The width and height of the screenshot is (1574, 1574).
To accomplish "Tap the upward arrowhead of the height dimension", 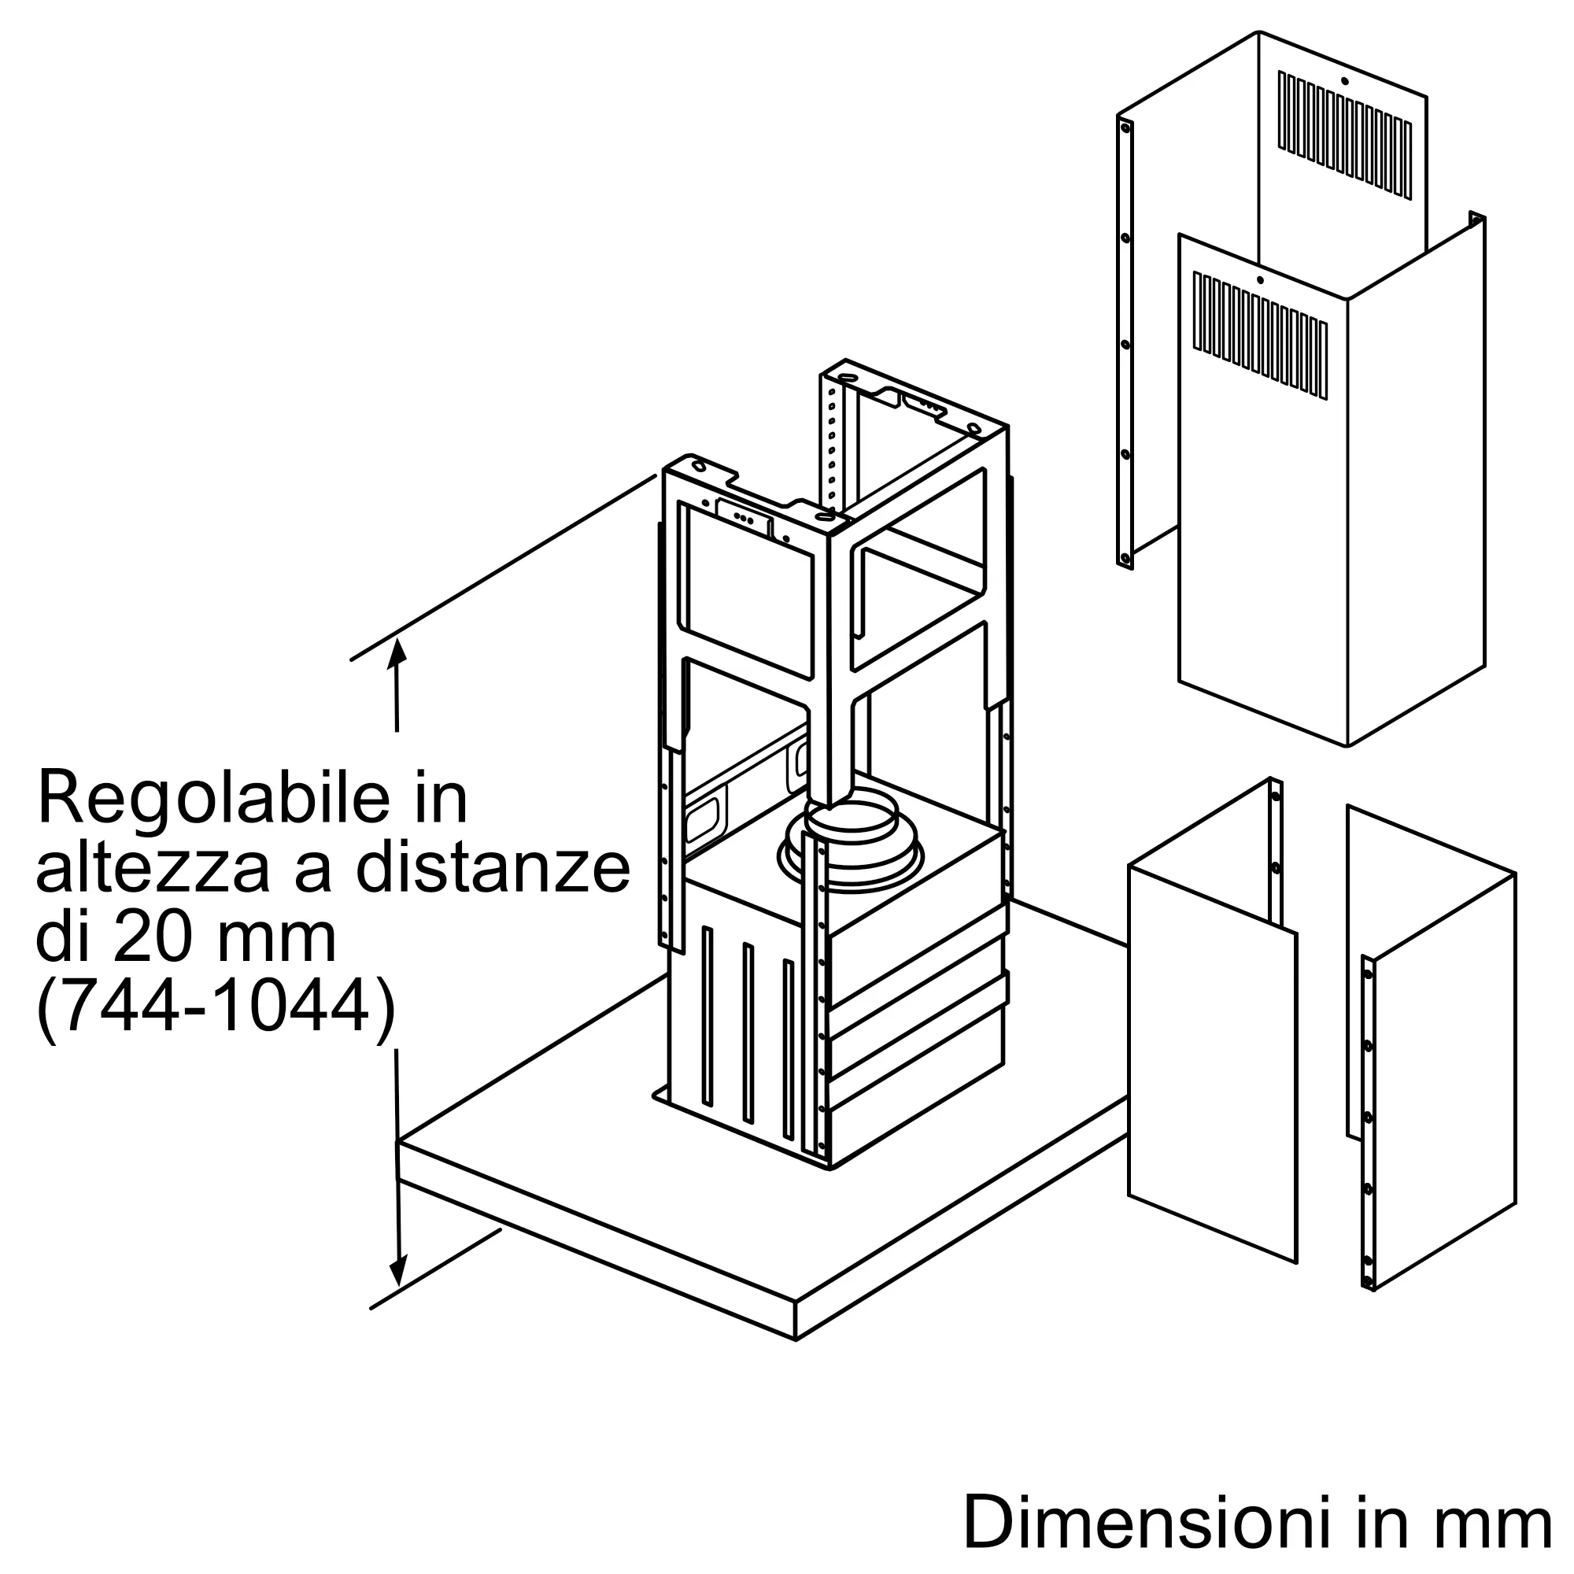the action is tap(397, 652).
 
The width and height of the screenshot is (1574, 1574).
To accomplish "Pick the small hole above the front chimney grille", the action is tap(1259, 280).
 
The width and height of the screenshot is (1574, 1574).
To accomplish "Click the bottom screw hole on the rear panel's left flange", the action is tap(1125, 559).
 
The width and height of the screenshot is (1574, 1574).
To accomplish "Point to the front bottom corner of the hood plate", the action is tap(796, 1339).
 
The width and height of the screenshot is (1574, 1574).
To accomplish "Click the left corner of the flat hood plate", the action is tap(397, 1143).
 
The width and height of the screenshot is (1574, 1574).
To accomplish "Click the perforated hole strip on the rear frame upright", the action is tap(832, 444).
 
